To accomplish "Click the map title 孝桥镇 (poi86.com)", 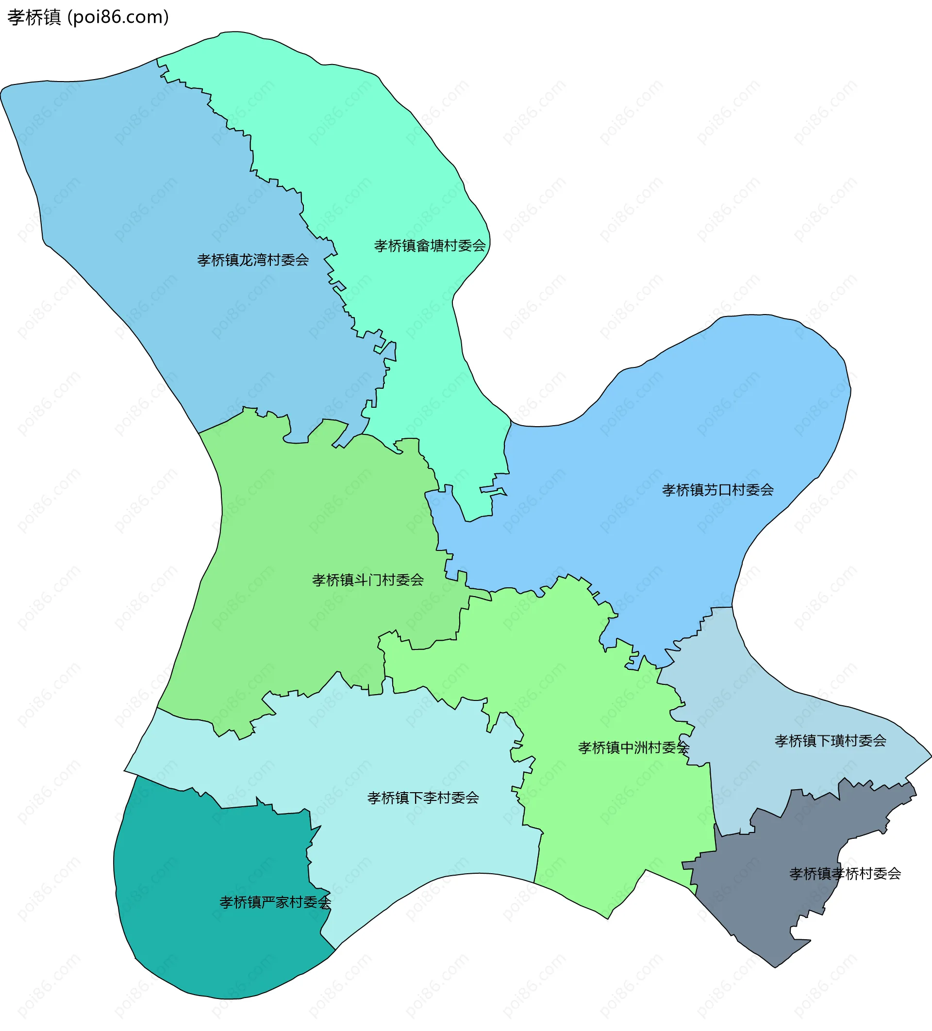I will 87,17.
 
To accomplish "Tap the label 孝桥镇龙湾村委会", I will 253,260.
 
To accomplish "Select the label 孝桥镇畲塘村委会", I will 430,246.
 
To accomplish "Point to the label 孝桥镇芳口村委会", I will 717,490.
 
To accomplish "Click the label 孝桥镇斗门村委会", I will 368,580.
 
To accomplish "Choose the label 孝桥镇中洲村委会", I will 633,748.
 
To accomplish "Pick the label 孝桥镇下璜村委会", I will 830,741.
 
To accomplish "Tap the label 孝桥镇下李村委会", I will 423,798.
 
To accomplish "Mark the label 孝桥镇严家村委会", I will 275,902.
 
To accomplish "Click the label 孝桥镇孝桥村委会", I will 845,874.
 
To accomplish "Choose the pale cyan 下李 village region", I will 409,844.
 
